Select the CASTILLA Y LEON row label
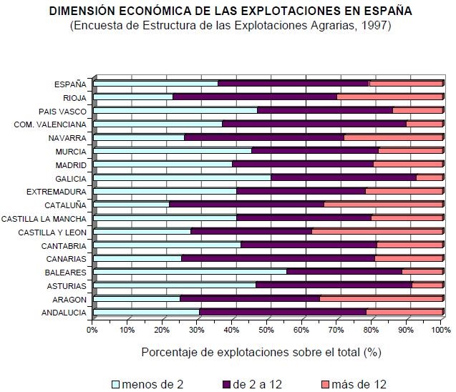tap(52, 232)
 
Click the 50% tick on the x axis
tap(267, 330)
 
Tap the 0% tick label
tap(92, 330)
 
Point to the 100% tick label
tap(440, 330)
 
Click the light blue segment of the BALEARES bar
tap(190, 271)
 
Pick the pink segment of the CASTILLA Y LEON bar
tap(377, 231)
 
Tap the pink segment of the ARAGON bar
tap(380, 298)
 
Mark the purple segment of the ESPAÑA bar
tap(293, 83)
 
